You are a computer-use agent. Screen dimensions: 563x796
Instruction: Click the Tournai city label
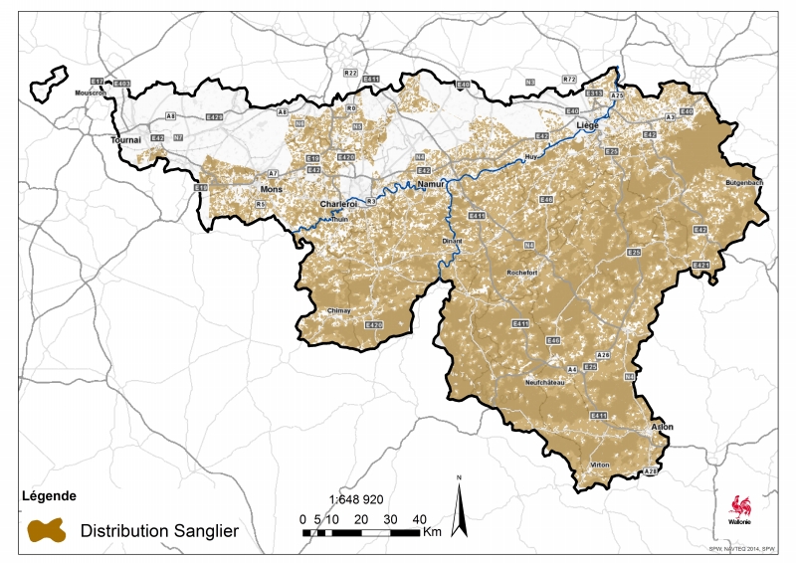(126, 140)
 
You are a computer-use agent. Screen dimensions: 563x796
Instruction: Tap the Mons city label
(272, 188)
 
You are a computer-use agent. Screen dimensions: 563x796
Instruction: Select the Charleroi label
(337, 204)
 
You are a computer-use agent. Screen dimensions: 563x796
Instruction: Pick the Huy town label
(530, 157)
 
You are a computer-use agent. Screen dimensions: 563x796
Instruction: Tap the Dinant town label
(454, 241)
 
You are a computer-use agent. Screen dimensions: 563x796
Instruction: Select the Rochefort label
(522, 272)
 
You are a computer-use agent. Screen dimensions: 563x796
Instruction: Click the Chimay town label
(339, 311)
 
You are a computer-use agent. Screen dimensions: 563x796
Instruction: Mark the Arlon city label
(662, 427)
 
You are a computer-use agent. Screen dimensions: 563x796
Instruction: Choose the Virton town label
(600, 465)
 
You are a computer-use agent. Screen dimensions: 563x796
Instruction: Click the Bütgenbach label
(743, 184)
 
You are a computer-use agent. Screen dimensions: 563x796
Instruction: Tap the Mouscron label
(91, 93)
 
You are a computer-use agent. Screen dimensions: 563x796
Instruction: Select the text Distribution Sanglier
(159, 531)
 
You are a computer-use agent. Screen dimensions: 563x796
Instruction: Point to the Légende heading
(49, 495)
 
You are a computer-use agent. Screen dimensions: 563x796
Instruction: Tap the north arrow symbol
(460, 507)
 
